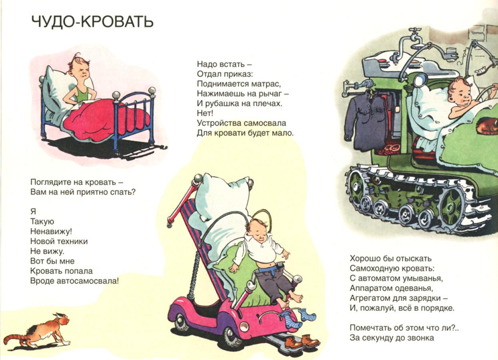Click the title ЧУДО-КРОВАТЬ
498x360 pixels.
[92, 22]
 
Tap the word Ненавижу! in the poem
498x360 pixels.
[51, 232]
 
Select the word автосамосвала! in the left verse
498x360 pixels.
[88, 281]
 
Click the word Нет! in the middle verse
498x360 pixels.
[205, 113]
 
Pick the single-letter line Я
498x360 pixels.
[33, 212]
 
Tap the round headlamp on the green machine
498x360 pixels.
[420, 80]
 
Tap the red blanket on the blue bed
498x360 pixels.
[104, 120]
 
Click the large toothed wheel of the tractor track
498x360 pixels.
[452, 206]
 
